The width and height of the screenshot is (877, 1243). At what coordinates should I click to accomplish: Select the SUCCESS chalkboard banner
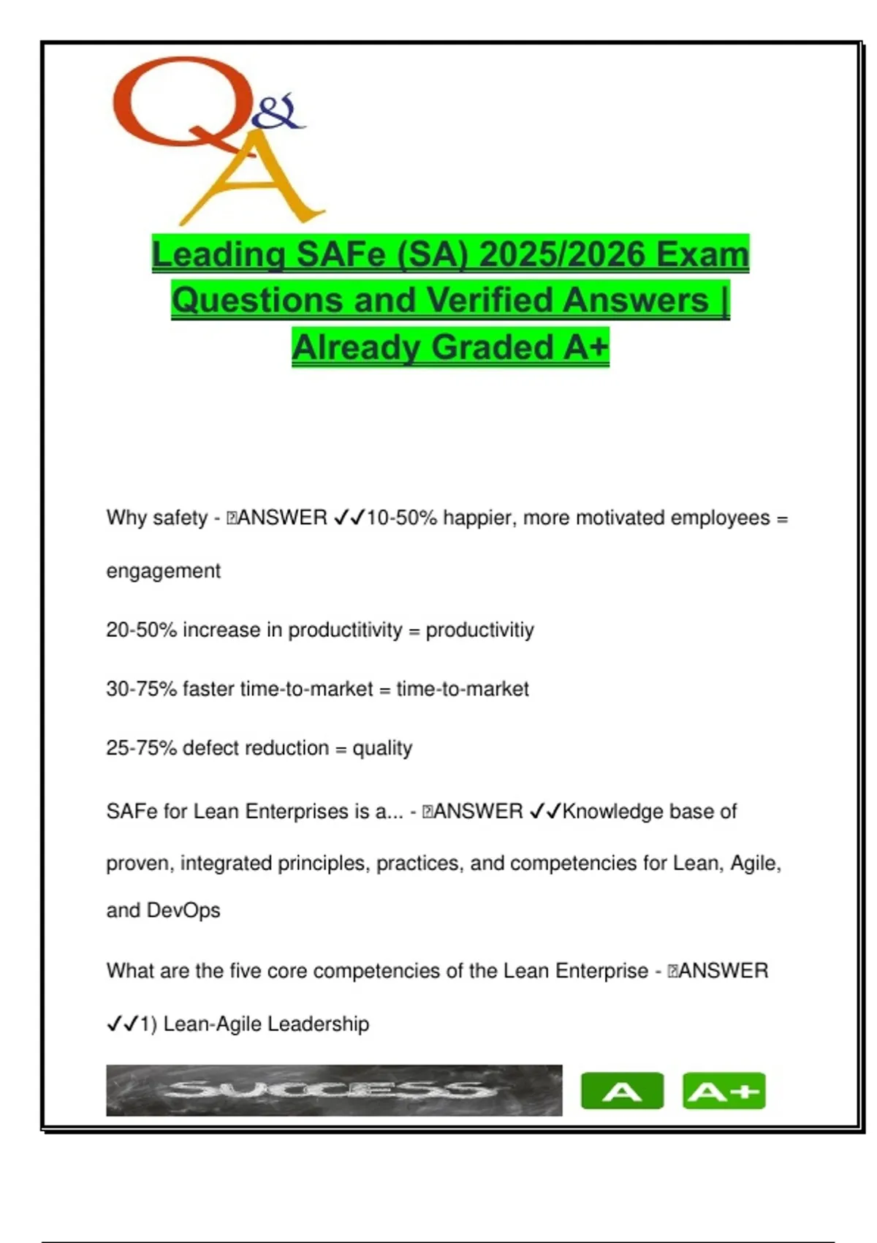pos(334,1090)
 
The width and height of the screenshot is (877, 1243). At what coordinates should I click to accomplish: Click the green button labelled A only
pos(622,1091)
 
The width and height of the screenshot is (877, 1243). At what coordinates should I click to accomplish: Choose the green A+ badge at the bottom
pos(724,1091)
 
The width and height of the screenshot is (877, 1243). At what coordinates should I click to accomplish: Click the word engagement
pos(163,571)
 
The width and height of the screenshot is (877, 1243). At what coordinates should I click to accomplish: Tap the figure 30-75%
pos(141,689)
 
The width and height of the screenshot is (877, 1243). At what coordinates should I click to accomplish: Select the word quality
pos(382,748)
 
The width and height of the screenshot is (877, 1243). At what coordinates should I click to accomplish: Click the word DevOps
pos(183,910)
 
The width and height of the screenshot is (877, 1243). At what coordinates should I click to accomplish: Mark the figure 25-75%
pos(141,748)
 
